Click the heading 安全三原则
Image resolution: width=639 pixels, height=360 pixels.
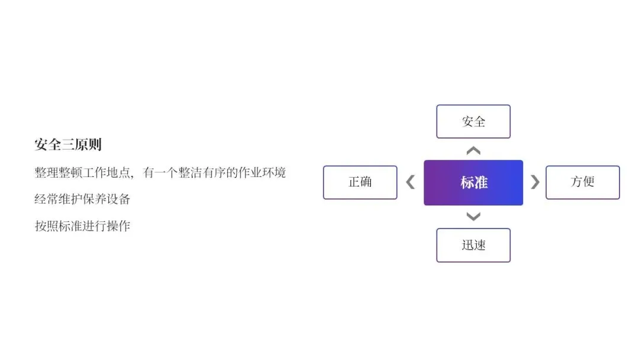[x=68, y=144]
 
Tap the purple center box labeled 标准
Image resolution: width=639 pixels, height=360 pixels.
[x=473, y=182]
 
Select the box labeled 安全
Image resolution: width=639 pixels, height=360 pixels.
[x=473, y=121]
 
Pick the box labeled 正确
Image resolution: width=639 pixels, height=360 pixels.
[x=360, y=182]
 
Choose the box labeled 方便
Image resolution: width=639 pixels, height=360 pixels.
[x=582, y=182]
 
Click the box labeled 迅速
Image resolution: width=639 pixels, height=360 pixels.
[x=473, y=245]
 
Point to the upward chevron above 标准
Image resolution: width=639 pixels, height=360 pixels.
[x=473, y=151]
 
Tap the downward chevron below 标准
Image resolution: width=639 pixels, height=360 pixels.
[x=473, y=216]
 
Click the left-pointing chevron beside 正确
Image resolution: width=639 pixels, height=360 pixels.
[x=410, y=182]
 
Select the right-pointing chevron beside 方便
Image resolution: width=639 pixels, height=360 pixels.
[x=535, y=182]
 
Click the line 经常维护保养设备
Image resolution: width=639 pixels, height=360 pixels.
[x=82, y=199]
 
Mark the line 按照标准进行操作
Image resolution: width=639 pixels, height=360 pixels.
[x=82, y=226]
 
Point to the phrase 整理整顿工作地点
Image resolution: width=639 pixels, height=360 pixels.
[x=82, y=172]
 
